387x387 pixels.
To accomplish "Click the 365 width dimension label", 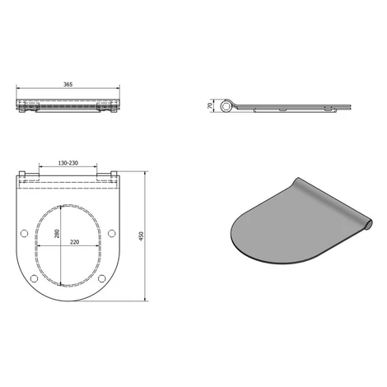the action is point(68,84).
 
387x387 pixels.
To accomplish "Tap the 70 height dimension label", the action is point(210,105).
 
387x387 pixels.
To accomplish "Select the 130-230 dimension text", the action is point(68,163).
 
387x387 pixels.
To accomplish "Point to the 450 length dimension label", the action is point(142,236).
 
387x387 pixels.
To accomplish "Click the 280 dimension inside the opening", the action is point(57,234).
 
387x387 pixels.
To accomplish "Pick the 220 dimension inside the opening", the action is point(75,242).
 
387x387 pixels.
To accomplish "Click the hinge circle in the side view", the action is point(226,106).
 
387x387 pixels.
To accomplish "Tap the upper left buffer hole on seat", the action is point(24,233).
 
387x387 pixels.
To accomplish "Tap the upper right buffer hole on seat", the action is point(111,233).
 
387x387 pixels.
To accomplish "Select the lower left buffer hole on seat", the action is point(34,278).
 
